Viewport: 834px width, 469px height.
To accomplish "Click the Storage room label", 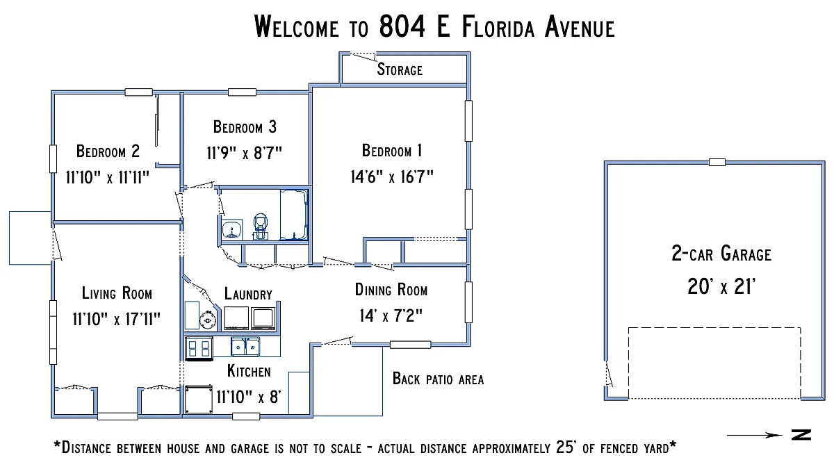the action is pyautogui.click(x=400, y=69).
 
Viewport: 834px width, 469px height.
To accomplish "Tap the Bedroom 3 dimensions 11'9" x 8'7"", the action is pyautogui.click(x=244, y=153).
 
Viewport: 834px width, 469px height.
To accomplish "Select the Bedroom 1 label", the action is pyautogui.click(x=392, y=151).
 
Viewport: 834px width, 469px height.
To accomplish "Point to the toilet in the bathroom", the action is pyautogui.click(x=260, y=227).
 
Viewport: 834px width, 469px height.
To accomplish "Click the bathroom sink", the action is pyautogui.click(x=232, y=229).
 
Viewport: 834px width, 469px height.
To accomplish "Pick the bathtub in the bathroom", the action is pyautogui.click(x=294, y=215).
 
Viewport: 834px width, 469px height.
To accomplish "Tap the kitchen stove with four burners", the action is pyautogui.click(x=199, y=348).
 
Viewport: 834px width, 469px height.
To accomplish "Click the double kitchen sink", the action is pyautogui.click(x=245, y=347).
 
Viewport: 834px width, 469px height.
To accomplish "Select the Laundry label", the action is pyautogui.click(x=248, y=294).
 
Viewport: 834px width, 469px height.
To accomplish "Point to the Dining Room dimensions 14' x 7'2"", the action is pyautogui.click(x=391, y=315).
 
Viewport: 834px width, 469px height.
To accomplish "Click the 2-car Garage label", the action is pyautogui.click(x=721, y=254).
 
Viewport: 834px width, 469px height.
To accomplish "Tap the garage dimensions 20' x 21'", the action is pyautogui.click(x=721, y=286).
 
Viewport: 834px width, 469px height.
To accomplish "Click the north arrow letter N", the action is pyautogui.click(x=801, y=435).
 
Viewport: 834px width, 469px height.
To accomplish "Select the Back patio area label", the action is pyautogui.click(x=439, y=379).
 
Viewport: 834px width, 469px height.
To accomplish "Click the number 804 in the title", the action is pyautogui.click(x=402, y=26).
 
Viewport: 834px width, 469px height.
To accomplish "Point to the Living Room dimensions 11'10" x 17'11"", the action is pyautogui.click(x=117, y=319).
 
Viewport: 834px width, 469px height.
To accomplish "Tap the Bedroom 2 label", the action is pyautogui.click(x=108, y=151).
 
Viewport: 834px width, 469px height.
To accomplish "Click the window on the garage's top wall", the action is pyautogui.click(x=717, y=163).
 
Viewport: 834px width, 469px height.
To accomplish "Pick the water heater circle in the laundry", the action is pyautogui.click(x=208, y=320).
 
